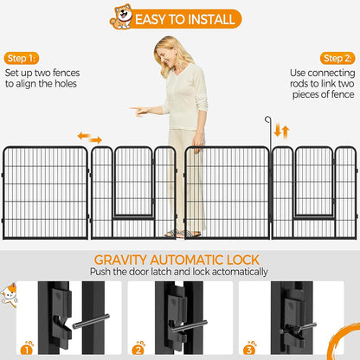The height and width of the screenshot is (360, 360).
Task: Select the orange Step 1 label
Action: click(x=21, y=57)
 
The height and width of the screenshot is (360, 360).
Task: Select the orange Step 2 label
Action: click(x=337, y=57)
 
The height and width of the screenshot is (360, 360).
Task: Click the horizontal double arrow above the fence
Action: click(x=89, y=138)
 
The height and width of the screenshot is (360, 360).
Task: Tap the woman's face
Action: click(x=167, y=49)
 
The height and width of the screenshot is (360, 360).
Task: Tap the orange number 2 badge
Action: click(x=138, y=349)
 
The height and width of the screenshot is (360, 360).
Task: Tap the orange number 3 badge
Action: click(x=251, y=349)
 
